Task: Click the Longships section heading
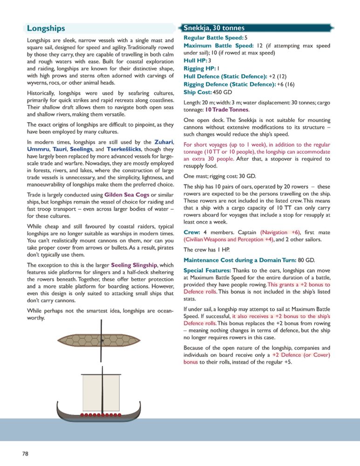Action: (46, 28)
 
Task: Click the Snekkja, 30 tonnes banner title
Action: (214, 28)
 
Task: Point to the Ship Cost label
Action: (197, 92)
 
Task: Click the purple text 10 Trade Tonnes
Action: (225, 110)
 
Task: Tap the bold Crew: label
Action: (192, 232)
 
